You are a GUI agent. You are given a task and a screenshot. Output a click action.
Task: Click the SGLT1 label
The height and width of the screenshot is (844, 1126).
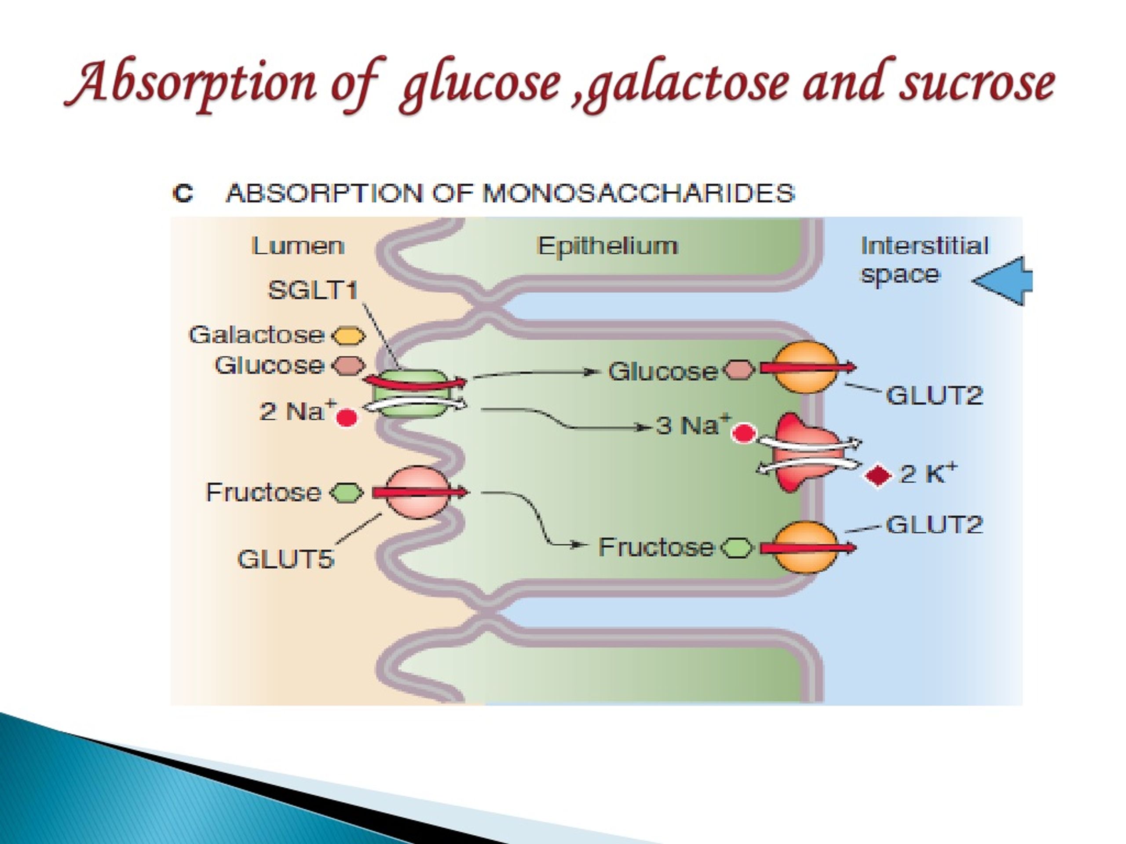pyautogui.click(x=313, y=290)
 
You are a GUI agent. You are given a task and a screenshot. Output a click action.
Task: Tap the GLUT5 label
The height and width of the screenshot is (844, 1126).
pyautogui.click(x=285, y=559)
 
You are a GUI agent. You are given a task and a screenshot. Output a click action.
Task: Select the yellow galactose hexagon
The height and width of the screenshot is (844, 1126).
pyautogui.click(x=349, y=336)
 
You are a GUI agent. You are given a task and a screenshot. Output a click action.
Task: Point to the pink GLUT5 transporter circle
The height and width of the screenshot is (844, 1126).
pyautogui.click(x=418, y=492)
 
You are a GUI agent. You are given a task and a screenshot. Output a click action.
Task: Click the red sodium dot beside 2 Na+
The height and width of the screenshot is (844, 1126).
pyautogui.click(x=347, y=418)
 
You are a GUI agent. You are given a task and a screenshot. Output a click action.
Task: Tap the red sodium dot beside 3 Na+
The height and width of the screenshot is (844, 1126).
pyautogui.click(x=744, y=433)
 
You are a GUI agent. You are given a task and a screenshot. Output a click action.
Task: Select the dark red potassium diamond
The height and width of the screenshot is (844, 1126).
pyautogui.click(x=878, y=476)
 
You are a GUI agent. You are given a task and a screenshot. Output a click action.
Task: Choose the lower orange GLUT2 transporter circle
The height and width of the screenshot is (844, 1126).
pyautogui.click(x=805, y=548)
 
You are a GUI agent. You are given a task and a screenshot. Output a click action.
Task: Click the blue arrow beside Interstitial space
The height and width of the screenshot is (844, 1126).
pyautogui.click(x=1002, y=281)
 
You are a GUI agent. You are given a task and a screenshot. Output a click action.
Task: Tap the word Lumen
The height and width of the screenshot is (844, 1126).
pyautogui.click(x=298, y=246)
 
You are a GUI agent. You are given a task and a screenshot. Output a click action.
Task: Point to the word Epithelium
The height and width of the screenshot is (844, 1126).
pyautogui.click(x=607, y=247)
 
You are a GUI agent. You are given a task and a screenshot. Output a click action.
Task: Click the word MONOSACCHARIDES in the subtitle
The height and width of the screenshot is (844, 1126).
pyautogui.click(x=639, y=193)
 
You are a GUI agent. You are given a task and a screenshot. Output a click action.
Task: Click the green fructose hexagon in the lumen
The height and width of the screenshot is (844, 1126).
pyautogui.click(x=347, y=492)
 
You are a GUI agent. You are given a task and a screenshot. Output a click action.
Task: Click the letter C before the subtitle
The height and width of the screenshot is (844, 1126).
pyautogui.click(x=183, y=194)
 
